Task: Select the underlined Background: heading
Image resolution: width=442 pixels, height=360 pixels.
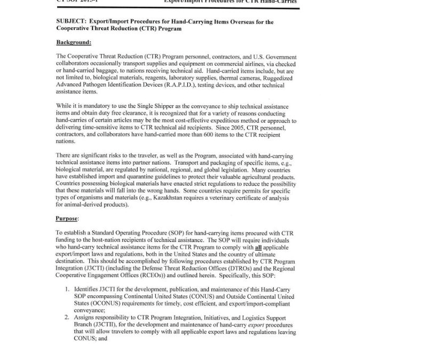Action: point(74,42)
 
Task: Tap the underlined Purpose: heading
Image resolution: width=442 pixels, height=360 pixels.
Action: point(68,218)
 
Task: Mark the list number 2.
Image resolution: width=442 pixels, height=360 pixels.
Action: point(68,318)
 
